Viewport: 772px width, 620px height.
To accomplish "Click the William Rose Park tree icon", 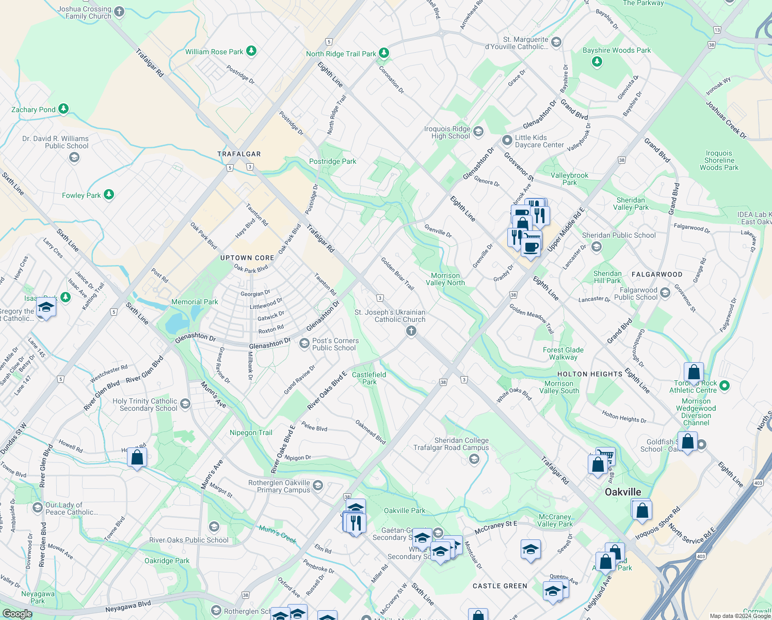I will pyautogui.click(x=251, y=51).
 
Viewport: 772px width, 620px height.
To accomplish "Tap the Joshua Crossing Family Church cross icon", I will pyautogui.click(x=119, y=12).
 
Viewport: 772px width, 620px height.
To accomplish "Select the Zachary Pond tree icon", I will pyautogui.click(x=63, y=109).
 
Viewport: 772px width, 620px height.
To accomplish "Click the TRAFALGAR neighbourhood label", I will pyautogui.click(x=239, y=154).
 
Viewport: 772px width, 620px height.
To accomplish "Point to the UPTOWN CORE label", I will pyautogui.click(x=247, y=258).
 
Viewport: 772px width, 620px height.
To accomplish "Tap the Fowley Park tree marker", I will pyautogui.click(x=108, y=195).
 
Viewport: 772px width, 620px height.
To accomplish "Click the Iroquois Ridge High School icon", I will pyautogui.click(x=478, y=132).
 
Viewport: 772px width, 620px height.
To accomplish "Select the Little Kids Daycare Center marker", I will pyautogui.click(x=507, y=140).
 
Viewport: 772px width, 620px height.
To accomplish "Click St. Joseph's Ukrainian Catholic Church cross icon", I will pyautogui.click(x=411, y=331).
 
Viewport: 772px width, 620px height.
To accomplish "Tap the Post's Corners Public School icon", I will pyautogui.click(x=304, y=344).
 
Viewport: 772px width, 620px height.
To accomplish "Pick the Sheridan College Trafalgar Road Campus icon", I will pyautogui.click(x=474, y=459).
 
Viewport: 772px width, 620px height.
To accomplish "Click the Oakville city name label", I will pyautogui.click(x=623, y=492).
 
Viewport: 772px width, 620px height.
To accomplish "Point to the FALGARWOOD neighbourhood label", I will pyautogui.click(x=657, y=274).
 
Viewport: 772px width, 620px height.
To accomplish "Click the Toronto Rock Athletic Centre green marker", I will pyautogui.click(x=724, y=385).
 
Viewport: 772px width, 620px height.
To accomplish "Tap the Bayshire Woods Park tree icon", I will pyautogui.click(x=597, y=62).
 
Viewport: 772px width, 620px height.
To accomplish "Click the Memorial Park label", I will pyautogui.click(x=195, y=302).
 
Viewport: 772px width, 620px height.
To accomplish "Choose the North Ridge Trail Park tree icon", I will pyautogui.click(x=383, y=53).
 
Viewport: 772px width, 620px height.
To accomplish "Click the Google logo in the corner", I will pyautogui.click(x=17, y=613).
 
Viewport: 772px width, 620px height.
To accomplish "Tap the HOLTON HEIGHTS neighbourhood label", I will pyautogui.click(x=590, y=374).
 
